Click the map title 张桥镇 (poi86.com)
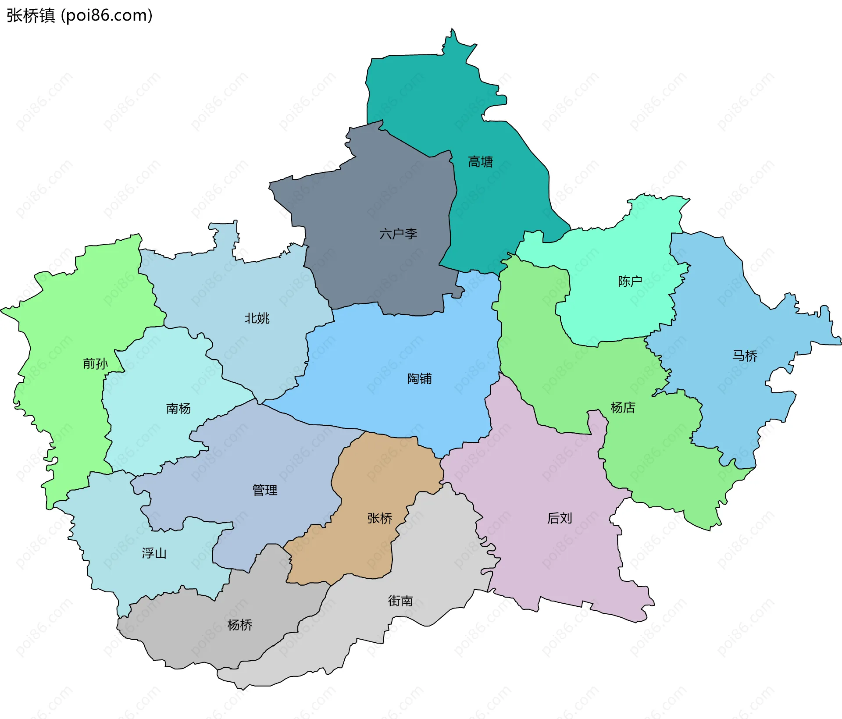pos(79,16)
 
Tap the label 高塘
pos(480,162)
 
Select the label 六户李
pos(398,234)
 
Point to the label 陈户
pos(630,281)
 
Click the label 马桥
pos(745,356)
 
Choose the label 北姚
pos(257,318)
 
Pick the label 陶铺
pos(419,378)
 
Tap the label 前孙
pos(95,363)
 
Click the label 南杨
pos(178,409)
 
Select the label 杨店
pos(623,407)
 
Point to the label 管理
pos(264,490)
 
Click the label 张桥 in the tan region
pos(380,518)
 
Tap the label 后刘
pos(560,518)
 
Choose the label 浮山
pos(154,553)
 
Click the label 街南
pos(400,601)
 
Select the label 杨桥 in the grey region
pos(240,625)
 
